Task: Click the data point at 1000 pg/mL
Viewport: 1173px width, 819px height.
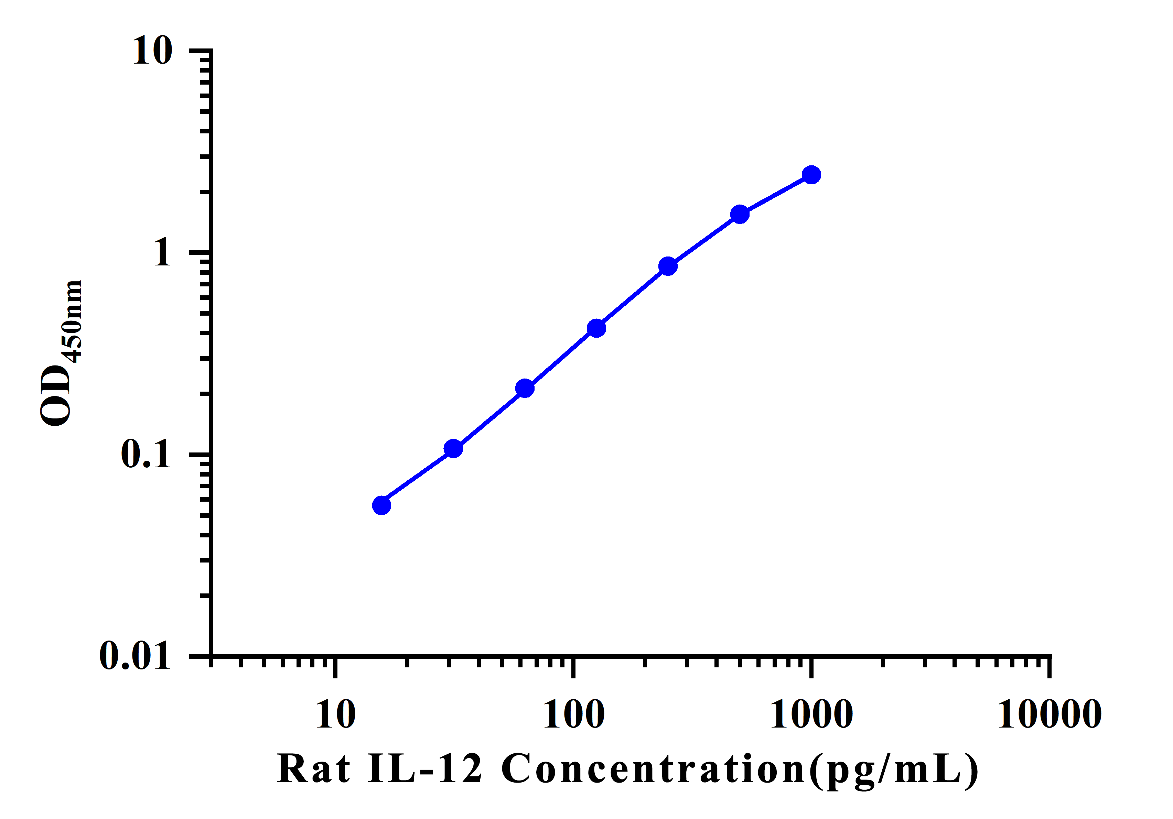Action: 811,175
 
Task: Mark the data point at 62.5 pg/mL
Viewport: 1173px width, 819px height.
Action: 525,389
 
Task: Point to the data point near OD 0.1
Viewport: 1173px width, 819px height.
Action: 453,449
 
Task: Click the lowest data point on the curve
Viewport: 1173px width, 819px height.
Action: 381,505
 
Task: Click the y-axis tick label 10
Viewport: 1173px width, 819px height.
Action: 152,51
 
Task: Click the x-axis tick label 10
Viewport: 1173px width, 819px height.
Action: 335,715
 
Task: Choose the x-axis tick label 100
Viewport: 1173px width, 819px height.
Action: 574,715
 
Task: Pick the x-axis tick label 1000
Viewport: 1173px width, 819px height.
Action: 811,715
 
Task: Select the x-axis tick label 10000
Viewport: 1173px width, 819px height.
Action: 1050,715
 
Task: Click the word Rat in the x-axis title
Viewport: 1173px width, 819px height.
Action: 313,769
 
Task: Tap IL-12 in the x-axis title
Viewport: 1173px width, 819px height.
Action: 424,769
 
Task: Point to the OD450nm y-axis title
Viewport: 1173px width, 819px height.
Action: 61,352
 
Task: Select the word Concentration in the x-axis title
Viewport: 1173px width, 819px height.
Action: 654,769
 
